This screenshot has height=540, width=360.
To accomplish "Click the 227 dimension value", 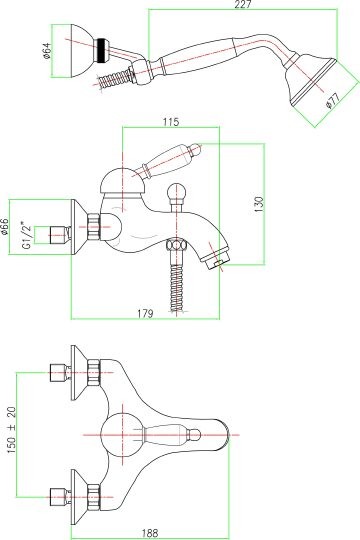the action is click(x=243, y=4).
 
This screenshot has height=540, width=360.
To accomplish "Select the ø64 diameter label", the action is click(x=47, y=50).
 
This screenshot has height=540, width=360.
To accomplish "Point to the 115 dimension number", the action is click(x=171, y=122).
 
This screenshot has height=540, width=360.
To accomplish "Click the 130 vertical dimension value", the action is click(x=259, y=204).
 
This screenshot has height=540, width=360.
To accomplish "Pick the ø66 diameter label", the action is click(x=4, y=226).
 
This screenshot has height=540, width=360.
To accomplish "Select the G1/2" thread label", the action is click(x=27, y=236).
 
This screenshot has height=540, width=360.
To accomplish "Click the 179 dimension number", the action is click(x=145, y=314).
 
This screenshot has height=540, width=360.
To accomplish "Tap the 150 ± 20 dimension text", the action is click(x=11, y=429).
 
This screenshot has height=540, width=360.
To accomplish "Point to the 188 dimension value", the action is click(x=150, y=533).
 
